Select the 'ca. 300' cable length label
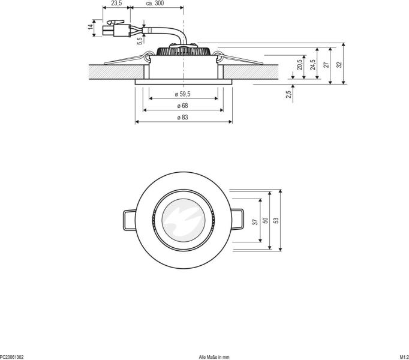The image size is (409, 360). (155, 4)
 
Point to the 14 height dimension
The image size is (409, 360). (91, 27)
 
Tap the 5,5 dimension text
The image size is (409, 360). (139, 41)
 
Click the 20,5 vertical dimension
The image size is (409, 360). (299, 64)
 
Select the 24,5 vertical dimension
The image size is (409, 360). (312, 64)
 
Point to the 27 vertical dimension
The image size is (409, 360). (326, 64)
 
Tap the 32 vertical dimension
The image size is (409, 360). (339, 64)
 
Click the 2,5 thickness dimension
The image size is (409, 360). (288, 92)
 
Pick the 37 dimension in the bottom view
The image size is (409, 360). (255, 221)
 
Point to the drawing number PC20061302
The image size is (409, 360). (12, 356)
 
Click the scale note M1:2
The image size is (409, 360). (403, 356)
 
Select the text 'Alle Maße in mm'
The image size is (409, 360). (214, 356)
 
